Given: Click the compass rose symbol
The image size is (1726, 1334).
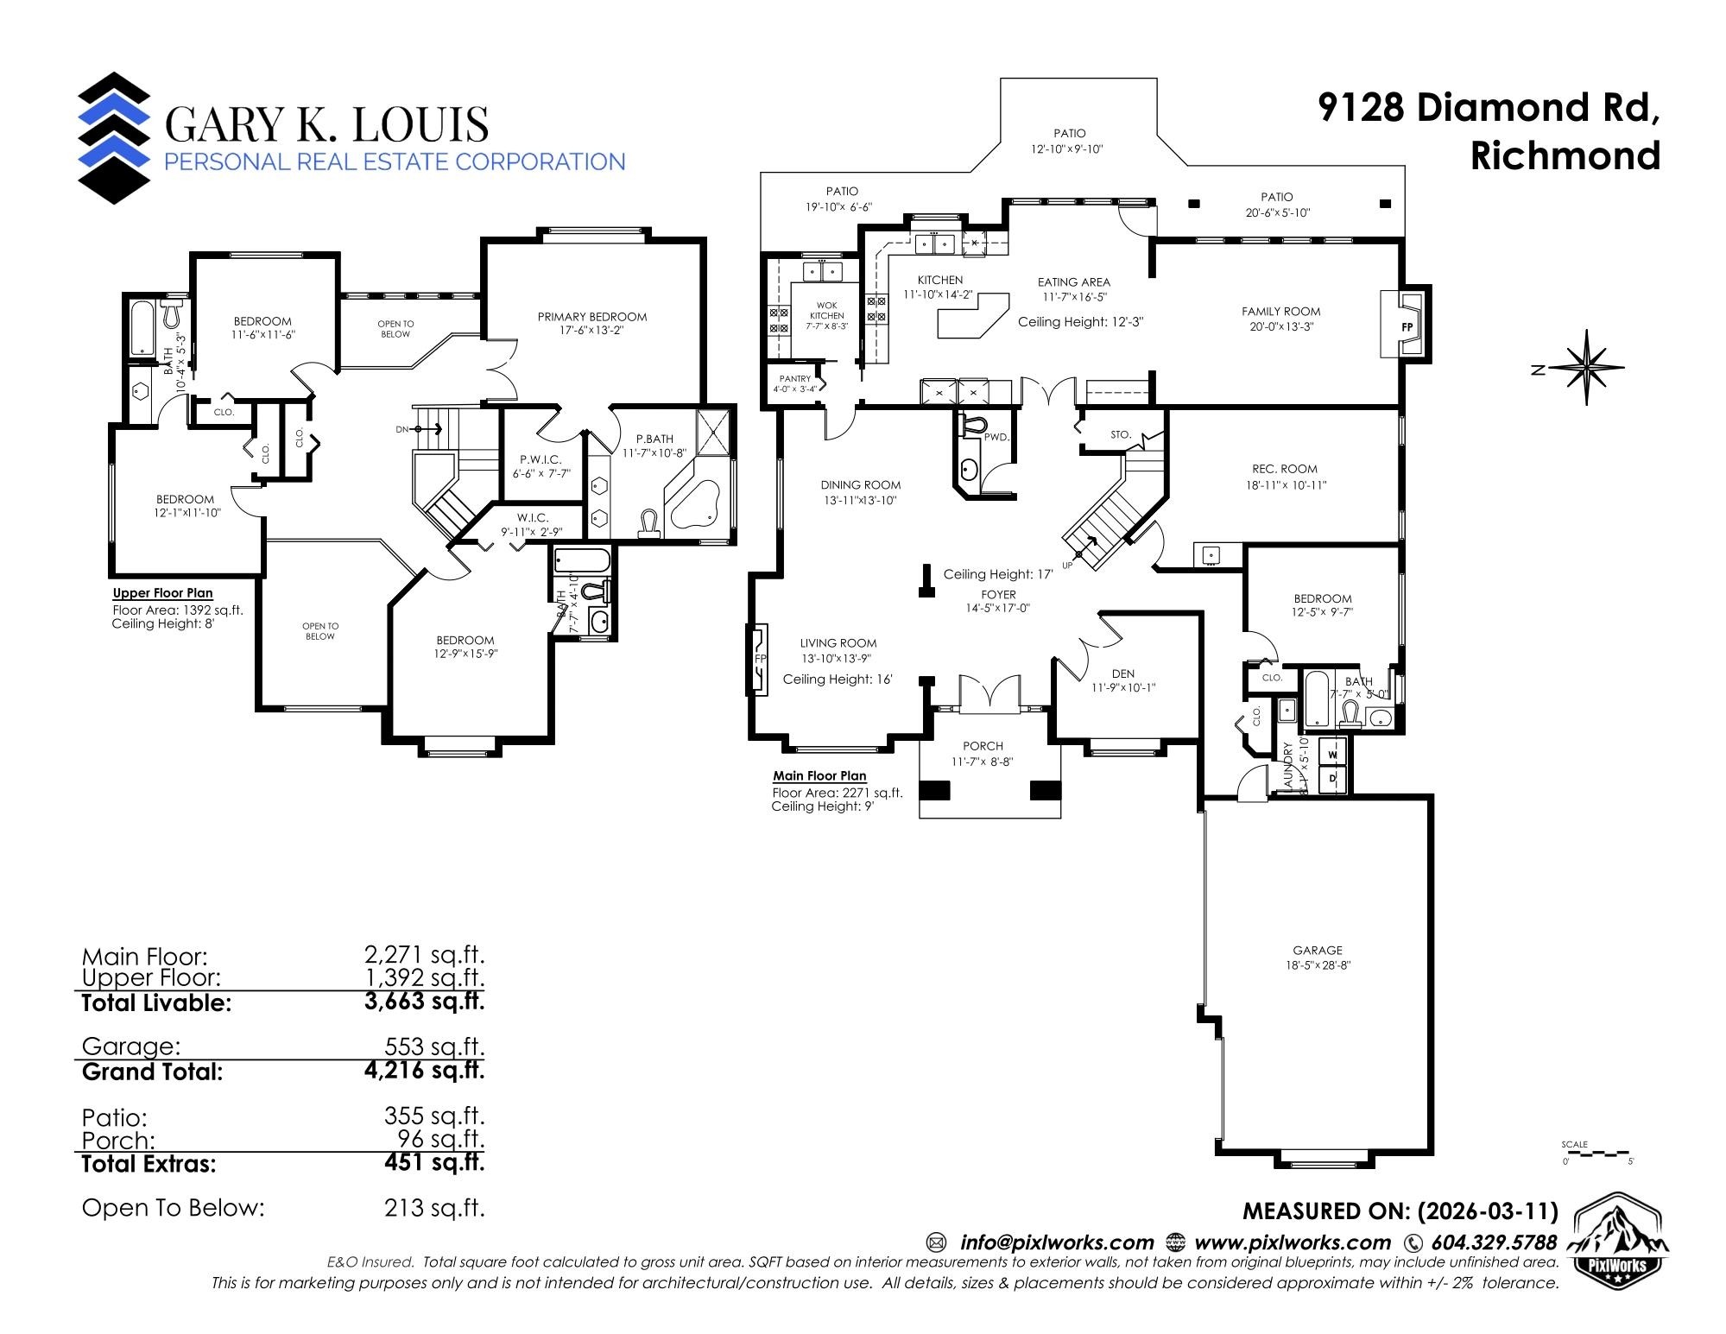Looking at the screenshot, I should click(x=1587, y=368).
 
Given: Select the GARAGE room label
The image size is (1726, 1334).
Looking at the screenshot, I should click(x=1317, y=950).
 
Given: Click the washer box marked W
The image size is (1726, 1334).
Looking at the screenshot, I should click(x=1332, y=755).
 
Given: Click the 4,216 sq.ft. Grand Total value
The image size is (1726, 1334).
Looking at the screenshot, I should click(x=424, y=1071).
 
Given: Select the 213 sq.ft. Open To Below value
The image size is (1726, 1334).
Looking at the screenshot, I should click(x=434, y=1207).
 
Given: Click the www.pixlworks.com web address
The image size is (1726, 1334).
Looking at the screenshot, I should click(x=1292, y=1242).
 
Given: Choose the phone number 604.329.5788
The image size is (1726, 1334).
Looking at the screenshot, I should click(x=1494, y=1242).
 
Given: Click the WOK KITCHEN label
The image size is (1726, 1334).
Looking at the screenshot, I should click(x=826, y=311).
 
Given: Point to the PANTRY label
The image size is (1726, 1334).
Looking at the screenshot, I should click(x=794, y=379).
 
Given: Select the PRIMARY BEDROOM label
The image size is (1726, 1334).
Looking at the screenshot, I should click(x=591, y=317).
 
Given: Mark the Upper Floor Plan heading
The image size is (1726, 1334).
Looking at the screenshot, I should click(x=162, y=593).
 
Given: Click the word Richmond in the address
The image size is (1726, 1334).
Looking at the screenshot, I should click(x=1565, y=156).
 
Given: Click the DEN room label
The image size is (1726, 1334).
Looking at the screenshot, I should click(x=1122, y=673).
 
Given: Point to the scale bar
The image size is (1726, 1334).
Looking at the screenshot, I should click(x=1596, y=1153).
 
